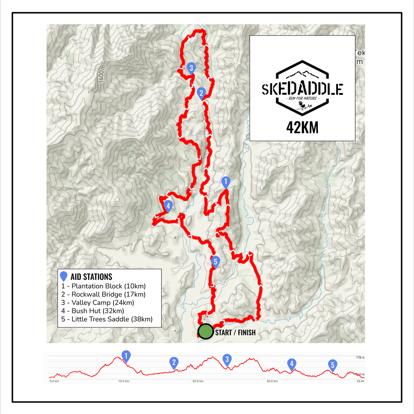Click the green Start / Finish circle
(x=205, y=331)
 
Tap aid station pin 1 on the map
(x=226, y=181)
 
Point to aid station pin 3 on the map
(x=191, y=67)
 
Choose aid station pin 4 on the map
(x=168, y=205)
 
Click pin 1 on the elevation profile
(x=126, y=355)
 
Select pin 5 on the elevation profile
(x=332, y=365)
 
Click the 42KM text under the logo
(x=302, y=128)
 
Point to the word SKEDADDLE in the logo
(x=302, y=89)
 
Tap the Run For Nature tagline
(x=302, y=99)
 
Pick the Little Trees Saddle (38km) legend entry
(x=112, y=319)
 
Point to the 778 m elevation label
(x=359, y=357)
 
